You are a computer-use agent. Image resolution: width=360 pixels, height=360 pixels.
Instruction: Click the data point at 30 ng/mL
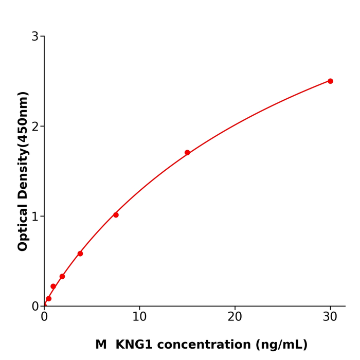click(330, 81)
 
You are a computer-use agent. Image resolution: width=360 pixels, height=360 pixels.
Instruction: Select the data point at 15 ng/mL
click(187, 153)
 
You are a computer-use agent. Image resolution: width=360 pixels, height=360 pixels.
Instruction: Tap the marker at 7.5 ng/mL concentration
click(116, 215)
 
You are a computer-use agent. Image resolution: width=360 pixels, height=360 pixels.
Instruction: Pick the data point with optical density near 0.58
click(80, 254)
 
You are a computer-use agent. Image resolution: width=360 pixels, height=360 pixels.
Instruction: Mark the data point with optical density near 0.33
click(62, 276)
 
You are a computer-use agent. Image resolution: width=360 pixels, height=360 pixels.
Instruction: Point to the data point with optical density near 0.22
click(53, 286)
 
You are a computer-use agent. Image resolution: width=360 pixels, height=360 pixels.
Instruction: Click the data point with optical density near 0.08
click(49, 299)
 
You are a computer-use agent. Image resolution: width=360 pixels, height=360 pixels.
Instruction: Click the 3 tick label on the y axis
click(35, 37)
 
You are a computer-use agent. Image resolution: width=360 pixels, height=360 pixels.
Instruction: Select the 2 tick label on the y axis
click(35, 127)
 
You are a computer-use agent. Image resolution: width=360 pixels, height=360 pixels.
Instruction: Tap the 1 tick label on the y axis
click(35, 217)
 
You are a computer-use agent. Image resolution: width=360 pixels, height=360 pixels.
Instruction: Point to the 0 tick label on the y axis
click(35, 307)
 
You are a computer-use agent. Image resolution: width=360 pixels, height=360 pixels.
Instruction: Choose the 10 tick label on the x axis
click(139, 317)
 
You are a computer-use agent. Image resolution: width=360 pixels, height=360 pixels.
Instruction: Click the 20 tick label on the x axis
click(235, 317)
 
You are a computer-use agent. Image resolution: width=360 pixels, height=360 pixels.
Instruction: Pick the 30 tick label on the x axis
click(330, 317)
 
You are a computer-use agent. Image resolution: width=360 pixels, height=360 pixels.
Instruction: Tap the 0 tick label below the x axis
click(44, 317)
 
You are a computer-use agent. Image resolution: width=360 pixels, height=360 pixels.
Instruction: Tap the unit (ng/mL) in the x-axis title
click(281, 345)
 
